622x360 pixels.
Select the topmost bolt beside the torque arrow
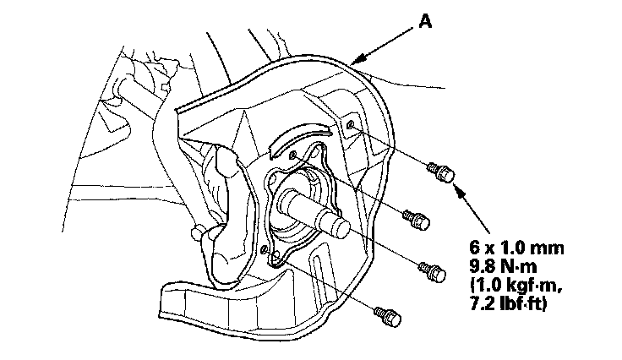click(x=442, y=172)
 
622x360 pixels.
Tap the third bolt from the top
click(x=434, y=270)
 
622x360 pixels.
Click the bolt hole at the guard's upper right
click(x=351, y=127)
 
